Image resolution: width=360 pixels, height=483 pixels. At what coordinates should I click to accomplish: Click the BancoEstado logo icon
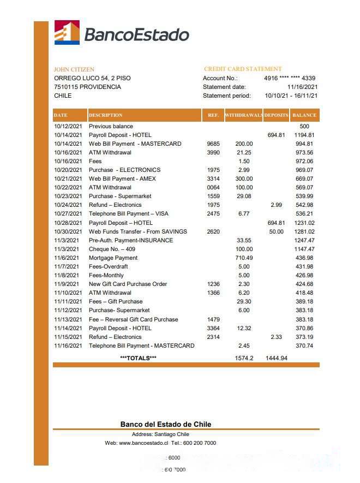click(67, 32)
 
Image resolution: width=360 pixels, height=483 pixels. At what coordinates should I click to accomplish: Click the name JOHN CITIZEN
click(74, 70)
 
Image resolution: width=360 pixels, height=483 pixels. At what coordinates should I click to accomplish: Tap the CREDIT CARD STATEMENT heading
click(243, 69)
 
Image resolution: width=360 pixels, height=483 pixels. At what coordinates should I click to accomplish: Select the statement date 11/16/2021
click(302, 87)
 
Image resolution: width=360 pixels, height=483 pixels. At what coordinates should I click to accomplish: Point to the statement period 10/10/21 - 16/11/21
click(291, 96)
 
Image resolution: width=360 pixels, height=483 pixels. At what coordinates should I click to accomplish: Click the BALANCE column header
click(304, 116)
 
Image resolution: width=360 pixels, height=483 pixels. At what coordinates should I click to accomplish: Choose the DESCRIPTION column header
click(106, 116)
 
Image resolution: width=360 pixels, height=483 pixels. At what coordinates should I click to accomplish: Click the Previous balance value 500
click(304, 126)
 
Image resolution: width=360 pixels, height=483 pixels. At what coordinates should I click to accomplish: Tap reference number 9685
click(213, 144)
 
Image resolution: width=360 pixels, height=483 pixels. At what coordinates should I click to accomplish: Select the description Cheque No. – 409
click(113, 249)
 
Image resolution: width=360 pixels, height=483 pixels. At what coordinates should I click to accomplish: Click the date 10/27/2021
click(68, 214)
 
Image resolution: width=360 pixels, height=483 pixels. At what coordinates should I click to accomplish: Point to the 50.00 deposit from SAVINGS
click(277, 231)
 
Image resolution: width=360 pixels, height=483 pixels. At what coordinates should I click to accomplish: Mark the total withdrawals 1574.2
click(244, 358)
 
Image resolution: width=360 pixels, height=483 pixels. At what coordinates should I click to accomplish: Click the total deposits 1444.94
click(277, 358)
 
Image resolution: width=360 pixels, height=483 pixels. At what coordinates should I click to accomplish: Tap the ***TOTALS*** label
click(138, 358)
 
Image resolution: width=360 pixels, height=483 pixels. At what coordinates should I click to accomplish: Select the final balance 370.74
click(304, 345)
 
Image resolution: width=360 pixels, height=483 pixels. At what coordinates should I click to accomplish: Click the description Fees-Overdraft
click(109, 266)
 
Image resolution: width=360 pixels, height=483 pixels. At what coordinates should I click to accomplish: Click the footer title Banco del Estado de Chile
click(166, 424)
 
